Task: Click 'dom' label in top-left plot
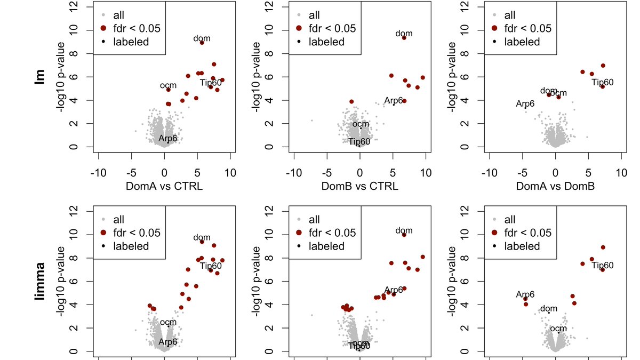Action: [x=202, y=38]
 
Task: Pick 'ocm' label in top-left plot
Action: [x=168, y=86]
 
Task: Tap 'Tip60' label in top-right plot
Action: [x=603, y=82]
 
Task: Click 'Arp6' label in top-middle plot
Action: [x=393, y=100]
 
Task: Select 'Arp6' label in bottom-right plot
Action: [x=525, y=294]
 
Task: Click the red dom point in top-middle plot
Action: [x=404, y=38]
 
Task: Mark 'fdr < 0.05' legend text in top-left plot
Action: [x=137, y=29]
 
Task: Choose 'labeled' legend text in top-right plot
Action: [x=522, y=42]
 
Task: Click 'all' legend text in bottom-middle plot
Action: [x=314, y=220]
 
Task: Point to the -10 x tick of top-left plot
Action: [x=98, y=173]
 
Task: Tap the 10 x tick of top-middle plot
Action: [x=426, y=173]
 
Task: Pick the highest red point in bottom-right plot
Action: [x=603, y=247]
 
